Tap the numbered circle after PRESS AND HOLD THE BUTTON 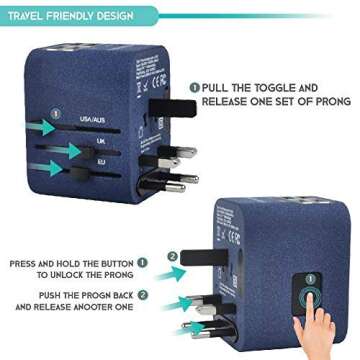(x=142, y=264)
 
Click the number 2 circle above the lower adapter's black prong (x=172, y=257)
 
